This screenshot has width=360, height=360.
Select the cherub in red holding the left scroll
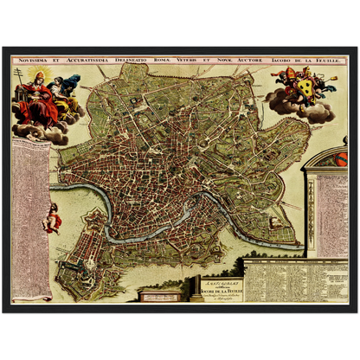(53, 218)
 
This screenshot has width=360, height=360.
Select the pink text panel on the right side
(331, 216)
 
